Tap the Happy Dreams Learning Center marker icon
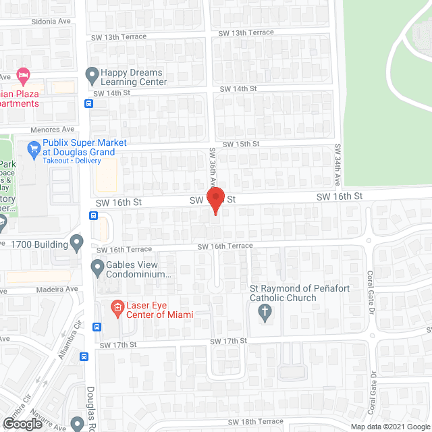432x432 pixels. [x=92, y=73]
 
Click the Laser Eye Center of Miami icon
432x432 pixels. [x=117, y=308]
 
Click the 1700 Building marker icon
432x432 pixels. [x=76, y=241]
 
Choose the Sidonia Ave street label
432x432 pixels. [x=51, y=22]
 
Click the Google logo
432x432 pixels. [x=22, y=423]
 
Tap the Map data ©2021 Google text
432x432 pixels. [x=389, y=426]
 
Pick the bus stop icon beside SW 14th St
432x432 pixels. [x=89, y=104]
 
